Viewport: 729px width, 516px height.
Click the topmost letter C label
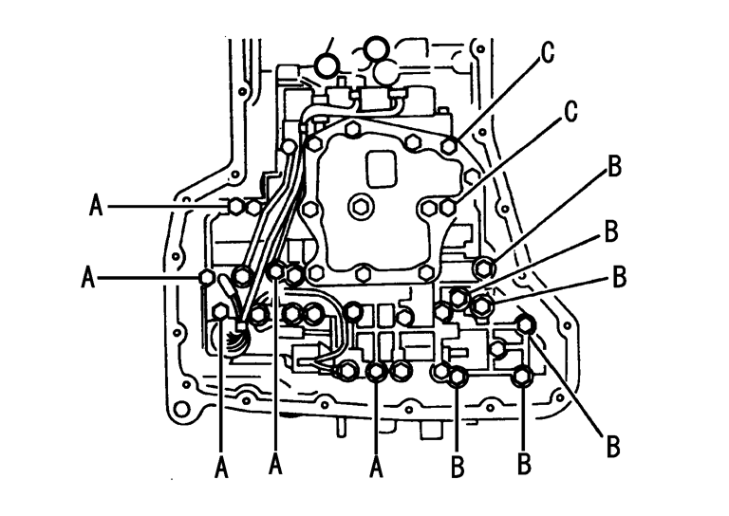coord(548,52)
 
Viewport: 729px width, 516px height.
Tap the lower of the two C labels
coord(570,111)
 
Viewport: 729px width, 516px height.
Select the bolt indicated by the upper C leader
coord(449,146)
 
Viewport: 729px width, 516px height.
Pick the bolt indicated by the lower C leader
coord(447,207)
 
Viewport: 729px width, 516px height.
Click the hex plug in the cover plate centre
coord(360,205)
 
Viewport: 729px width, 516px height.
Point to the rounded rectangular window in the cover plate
coord(382,169)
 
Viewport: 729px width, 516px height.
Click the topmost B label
coord(615,166)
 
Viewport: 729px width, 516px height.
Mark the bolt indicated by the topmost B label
coord(483,268)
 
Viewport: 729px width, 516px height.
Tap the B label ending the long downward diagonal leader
coord(613,447)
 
